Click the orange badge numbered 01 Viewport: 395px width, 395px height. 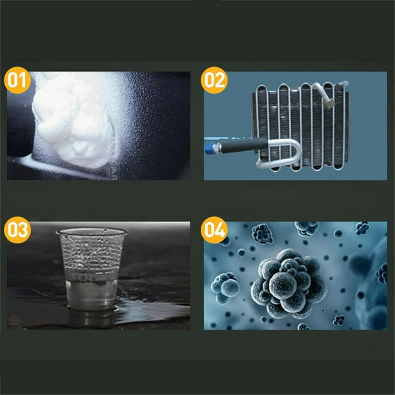[17, 80]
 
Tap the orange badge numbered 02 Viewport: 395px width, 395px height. [214, 80]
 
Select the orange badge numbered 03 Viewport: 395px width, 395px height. [17, 230]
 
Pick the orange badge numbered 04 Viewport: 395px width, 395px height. [214, 230]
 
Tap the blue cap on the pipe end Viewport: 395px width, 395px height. [209, 148]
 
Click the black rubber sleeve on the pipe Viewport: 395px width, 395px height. [245, 145]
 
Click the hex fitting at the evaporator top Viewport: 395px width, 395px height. [329, 103]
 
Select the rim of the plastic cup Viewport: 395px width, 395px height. [92, 231]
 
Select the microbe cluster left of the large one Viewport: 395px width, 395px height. [225, 287]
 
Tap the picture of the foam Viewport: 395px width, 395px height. [99, 126]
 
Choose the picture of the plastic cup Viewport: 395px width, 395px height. [99, 276]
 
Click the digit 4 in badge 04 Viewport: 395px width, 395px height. [220, 230]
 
